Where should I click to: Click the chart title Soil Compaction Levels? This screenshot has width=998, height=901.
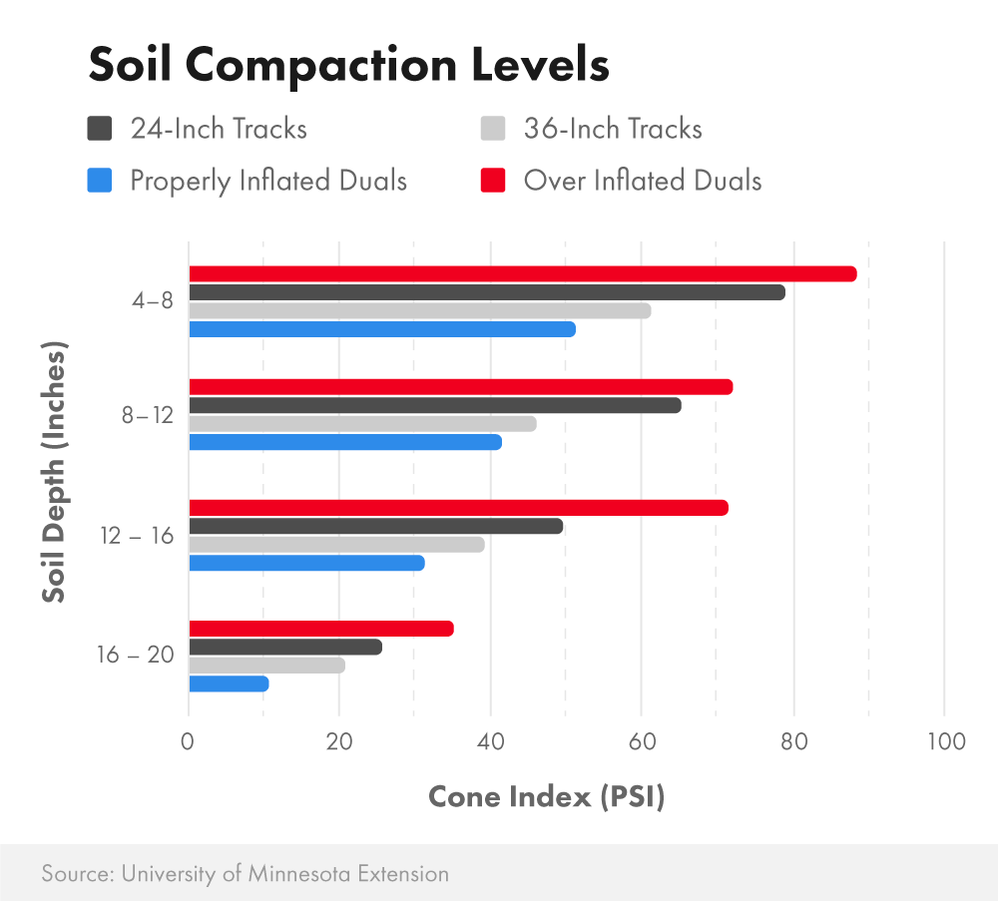pos(348,66)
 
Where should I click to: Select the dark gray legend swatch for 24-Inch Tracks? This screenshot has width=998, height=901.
pos(100,129)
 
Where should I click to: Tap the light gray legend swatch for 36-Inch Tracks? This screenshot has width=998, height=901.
pos(493,129)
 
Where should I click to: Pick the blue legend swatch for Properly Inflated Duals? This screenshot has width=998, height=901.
pos(100,181)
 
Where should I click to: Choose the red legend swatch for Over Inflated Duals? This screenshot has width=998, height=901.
pos(493,181)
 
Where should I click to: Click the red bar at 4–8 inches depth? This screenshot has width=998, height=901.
pos(522,274)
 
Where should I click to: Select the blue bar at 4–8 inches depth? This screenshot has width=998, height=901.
pos(381,329)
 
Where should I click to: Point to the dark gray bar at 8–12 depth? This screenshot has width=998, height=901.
pos(434,405)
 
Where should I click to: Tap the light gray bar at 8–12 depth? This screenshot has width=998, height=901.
pos(362,424)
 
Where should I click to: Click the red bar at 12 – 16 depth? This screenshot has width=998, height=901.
pos(458,508)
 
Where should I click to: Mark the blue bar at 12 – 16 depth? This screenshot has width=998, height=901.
pos(306,563)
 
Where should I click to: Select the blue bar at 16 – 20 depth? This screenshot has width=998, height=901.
pos(229,683)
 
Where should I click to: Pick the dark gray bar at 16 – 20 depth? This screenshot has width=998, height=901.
pos(284,648)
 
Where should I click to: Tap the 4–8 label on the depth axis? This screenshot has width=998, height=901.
pos(154,300)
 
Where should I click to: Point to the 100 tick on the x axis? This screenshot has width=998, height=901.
pos(944,741)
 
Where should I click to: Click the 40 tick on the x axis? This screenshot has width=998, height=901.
pos(490,741)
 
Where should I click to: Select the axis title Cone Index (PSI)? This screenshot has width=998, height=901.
pos(546,797)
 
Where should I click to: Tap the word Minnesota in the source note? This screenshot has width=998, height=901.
pos(296,873)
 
